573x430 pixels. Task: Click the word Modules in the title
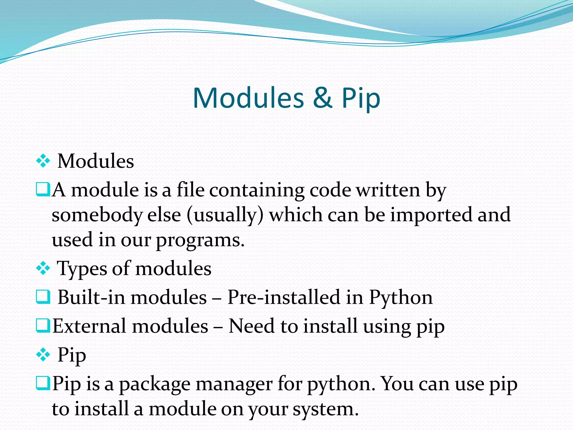[248, 98]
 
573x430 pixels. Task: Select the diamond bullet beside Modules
[43, 161]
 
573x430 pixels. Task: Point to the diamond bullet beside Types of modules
[43, 268]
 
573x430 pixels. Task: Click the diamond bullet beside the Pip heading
[43, 355]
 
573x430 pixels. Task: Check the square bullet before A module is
[43, 189]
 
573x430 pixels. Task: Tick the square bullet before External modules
[43, 326]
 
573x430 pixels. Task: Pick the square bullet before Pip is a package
[43, 383]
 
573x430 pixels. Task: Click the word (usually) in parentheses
[225, 215]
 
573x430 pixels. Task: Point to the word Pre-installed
[284, 297]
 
